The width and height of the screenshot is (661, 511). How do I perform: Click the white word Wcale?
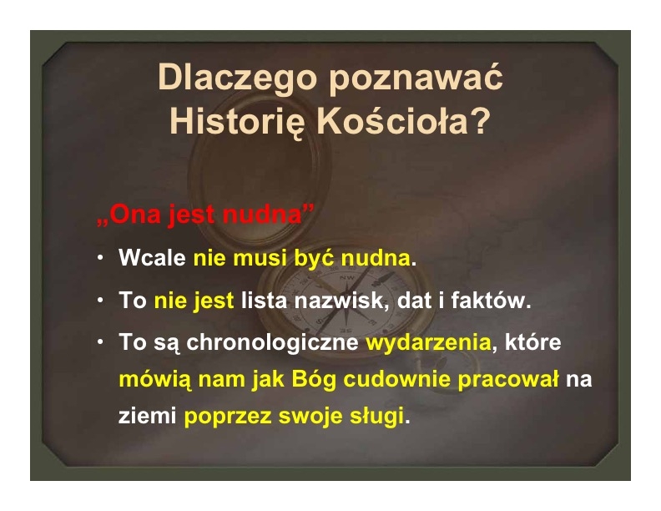[152, 257]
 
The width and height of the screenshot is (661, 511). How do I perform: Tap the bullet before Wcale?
[100, 257]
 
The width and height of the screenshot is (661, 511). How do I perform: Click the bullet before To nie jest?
[100, 300]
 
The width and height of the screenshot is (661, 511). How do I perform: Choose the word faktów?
[491, 301]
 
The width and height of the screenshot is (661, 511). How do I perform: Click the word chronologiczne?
[272, 342]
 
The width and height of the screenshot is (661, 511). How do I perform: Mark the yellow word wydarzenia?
[429, 342]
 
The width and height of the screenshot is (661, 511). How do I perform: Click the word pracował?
[508, 379]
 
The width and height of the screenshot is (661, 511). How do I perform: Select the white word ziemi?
[147, 416]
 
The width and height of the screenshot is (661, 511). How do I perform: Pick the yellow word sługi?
[377, 416]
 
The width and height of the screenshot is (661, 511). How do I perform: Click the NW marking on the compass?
[347, 277]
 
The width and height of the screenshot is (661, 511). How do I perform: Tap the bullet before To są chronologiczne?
[100, 342]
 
